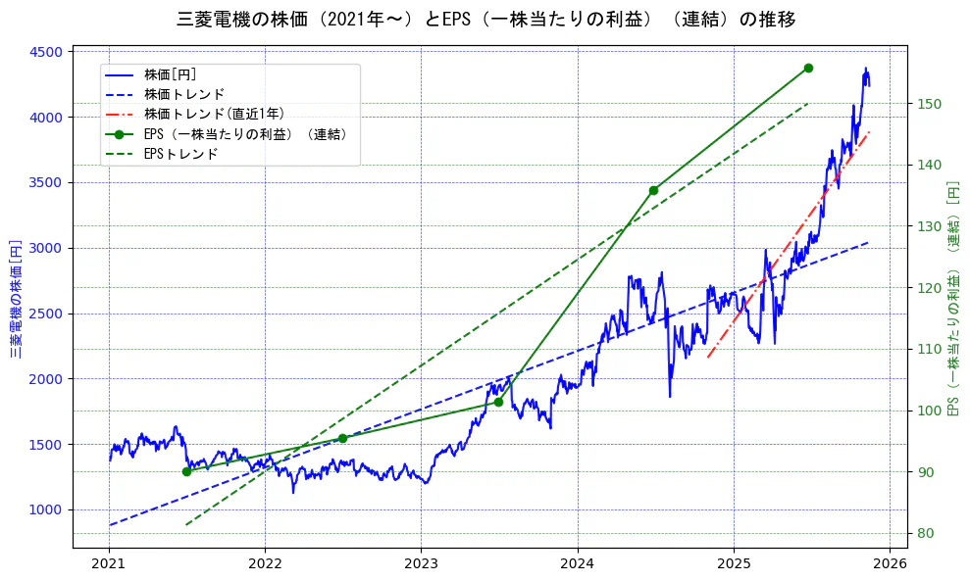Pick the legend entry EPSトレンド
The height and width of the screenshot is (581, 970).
pyautogui.click(x=180, y=154)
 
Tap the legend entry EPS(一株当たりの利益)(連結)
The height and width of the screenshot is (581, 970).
pyautogui.click(x=245, y=134)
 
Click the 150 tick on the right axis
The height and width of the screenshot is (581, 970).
pyautogui.click(x=929, y=104)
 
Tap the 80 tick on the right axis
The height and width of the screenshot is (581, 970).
pyautogui.click(x=925, y=533)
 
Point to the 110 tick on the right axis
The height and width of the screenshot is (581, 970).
pyautogui.click(x=929, y=349)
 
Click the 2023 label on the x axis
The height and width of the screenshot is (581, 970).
pyautogui.click(x=421, y=563)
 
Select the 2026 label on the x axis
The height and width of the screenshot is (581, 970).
pyautogui.click(x=890, y=563)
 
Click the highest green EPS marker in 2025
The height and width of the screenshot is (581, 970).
pyautogui.click(x=808, y=68)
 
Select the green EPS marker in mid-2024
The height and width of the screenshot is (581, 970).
pyautogui.click(x=653, y=190)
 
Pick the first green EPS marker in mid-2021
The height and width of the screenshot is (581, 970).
pyautogui.click(x=186, y=471)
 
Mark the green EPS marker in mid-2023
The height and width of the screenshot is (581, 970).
pyautogui.click(x=498, y=402)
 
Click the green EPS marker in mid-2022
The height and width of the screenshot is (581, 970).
pyautogui.click(x=342, y=438)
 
